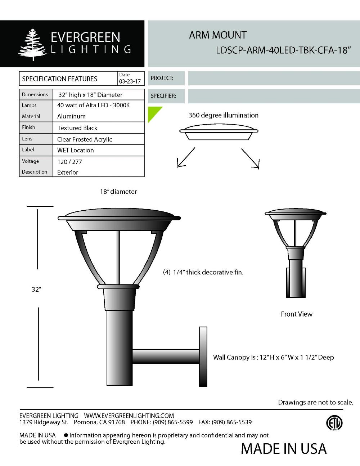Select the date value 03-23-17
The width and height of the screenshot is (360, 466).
coord(130,82)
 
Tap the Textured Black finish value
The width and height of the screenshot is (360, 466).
coord(77,128)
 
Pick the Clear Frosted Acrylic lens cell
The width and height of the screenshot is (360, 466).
coord(85,139)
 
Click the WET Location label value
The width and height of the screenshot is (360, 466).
coord(75,150)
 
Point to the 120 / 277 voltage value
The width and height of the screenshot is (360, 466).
coord(69,162)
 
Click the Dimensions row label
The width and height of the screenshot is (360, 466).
coord(35,95)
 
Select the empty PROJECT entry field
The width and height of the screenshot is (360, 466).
coord(274,78)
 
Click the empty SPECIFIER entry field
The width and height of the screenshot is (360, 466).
coord(274,96)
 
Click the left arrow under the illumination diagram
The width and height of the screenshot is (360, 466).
coord(185,158)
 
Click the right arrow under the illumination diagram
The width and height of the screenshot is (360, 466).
coord(251,158)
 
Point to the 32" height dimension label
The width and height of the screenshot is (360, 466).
coord(35,290)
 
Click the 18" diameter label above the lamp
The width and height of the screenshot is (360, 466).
coord(118,192)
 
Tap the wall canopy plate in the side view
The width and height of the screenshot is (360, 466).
coord(203,357)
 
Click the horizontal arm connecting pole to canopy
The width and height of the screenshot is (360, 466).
coord(166,356)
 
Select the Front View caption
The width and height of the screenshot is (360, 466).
coord(297,314)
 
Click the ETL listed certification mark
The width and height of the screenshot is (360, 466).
coord(334,423)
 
